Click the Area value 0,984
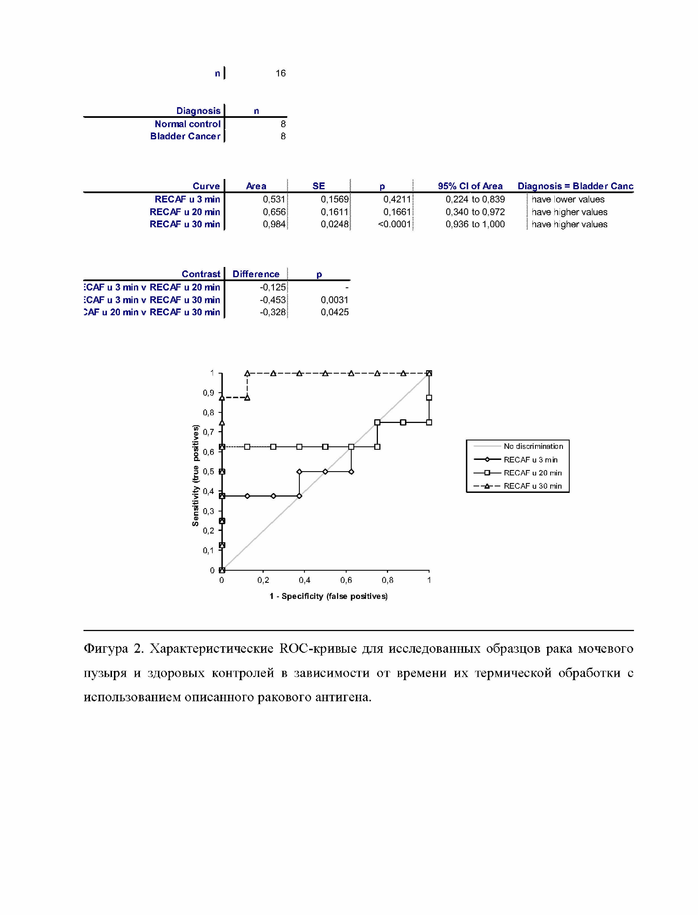click(274, 224)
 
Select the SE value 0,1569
click(334, 199)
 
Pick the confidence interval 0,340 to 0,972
click(475, 212)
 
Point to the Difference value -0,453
click(272, 300)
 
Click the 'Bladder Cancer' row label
click(185, 136)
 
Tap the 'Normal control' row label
click(187, 124)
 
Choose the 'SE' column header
click(319, 186)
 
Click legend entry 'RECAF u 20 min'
click(532, 473)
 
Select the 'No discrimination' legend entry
click(533, 446)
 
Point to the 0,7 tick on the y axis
click(209, 432)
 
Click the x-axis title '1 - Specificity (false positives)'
click(328, 596)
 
